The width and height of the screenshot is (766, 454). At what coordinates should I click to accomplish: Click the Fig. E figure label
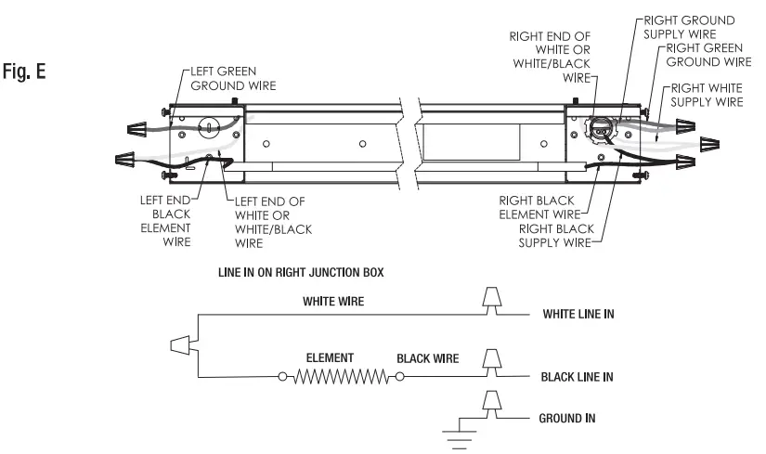[x=30, y=71]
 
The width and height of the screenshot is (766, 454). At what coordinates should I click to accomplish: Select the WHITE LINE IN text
[x=578, y=315]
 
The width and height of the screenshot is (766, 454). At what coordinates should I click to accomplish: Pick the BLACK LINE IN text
[x=577, y=378]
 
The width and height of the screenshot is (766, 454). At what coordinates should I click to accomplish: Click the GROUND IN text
[x=567, y=419]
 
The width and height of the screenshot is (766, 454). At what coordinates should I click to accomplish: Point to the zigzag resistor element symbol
[x=339, y=377]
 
